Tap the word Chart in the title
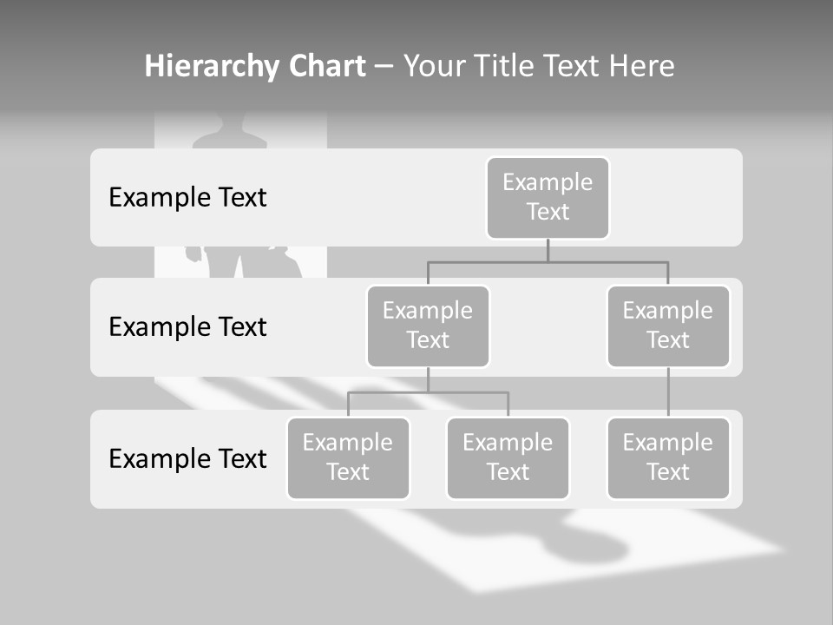[325, 66]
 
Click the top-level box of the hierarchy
[548, 197]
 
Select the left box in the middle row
[428, 326]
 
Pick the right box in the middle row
[668, 326]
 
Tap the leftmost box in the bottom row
[348, 457]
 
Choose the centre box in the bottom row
[508, 457]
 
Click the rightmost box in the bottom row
[668, 457]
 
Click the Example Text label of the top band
[187, 197]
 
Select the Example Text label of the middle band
[187, 326]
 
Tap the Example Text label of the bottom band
[187, 458]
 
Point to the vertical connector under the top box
[548, 251]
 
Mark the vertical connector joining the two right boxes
[668, 392]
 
